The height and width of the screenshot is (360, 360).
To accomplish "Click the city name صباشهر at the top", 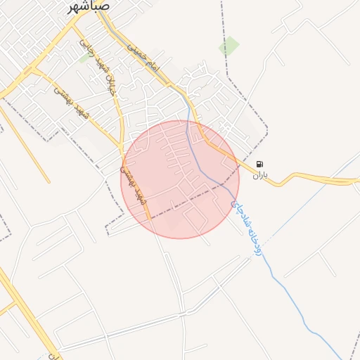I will (x=89, y=6).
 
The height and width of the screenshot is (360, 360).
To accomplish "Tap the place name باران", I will (x=261, y=174).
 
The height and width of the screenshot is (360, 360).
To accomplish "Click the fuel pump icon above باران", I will (x=261, y=163).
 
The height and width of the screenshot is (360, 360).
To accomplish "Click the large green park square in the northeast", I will (x=229, y=46).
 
